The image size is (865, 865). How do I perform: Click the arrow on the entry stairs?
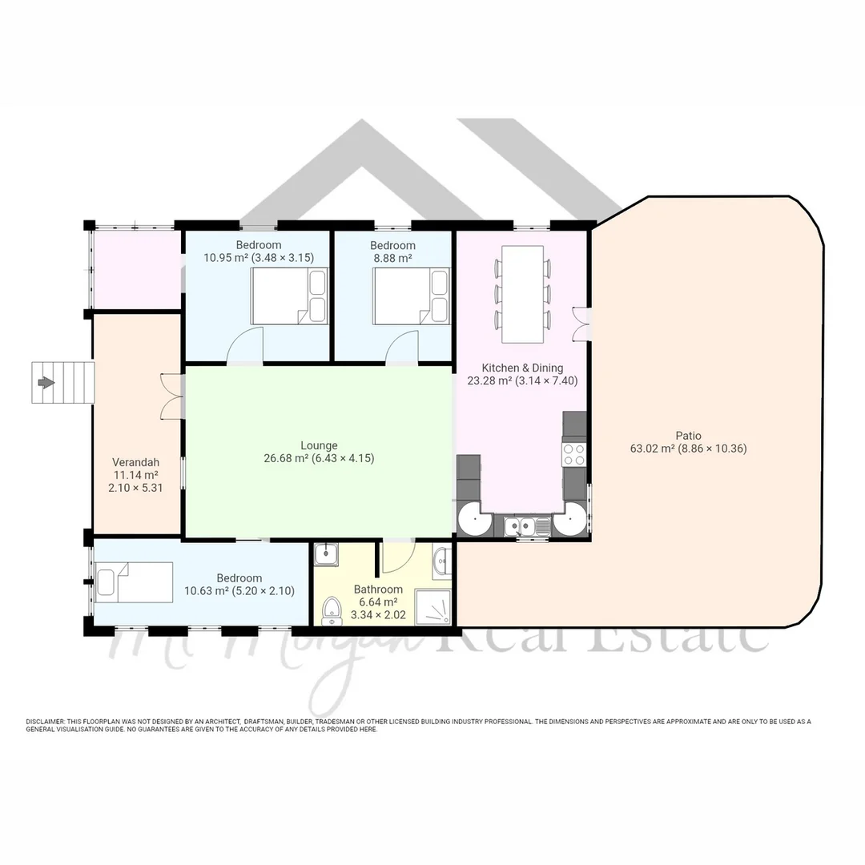[x=46, y=383]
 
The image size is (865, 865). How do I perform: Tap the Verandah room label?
[x=135, y=462]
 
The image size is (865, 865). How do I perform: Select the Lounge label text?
[x=319, y=445]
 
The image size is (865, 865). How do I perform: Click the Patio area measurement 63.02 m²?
[x=652, y=449]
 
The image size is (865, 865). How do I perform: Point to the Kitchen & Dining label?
[x=521, y=368]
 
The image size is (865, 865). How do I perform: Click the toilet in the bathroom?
[x=330, y=614]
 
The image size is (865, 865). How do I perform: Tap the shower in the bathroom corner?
[x=432, y=607]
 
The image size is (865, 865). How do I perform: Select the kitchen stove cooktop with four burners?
[x=574, y=454]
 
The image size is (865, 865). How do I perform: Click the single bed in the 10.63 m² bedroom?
[x=134, y=582]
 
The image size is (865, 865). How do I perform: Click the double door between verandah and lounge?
[x=171, y=396]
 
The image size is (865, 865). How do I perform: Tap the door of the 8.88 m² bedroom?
[x=401, y=350]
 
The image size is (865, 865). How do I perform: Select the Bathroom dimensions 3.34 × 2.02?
[x=378, y=616]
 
